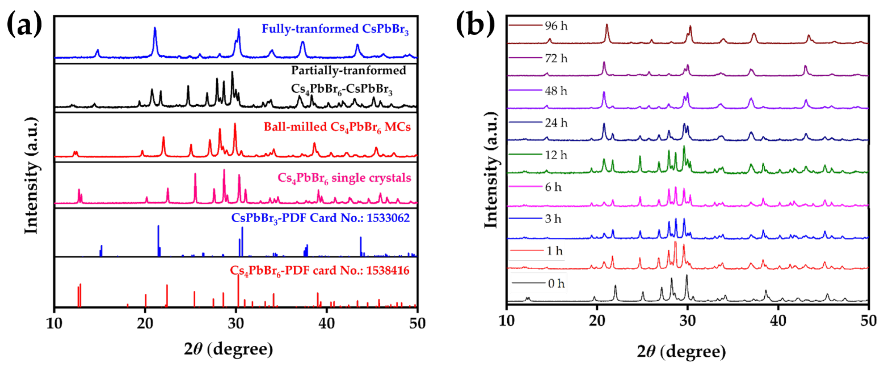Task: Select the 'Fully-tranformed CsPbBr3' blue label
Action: click(x=335, y=29)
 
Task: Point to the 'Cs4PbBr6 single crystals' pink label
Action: click(x=344, y=178)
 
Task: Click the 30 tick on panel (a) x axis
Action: click(x=235, y=323)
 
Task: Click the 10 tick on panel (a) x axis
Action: click(x=54, y=323)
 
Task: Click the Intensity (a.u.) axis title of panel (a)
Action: click(x=32, y=176)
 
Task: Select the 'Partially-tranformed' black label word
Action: click(x=348, y=70)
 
